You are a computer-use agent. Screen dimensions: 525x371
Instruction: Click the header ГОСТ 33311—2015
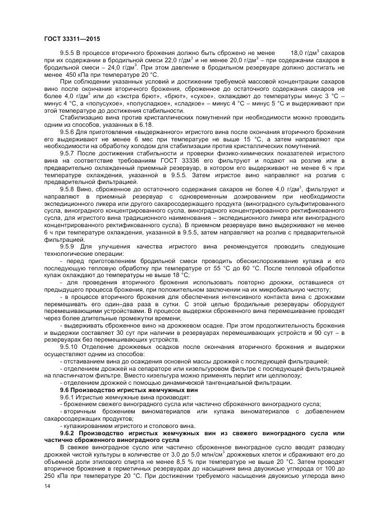68,39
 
